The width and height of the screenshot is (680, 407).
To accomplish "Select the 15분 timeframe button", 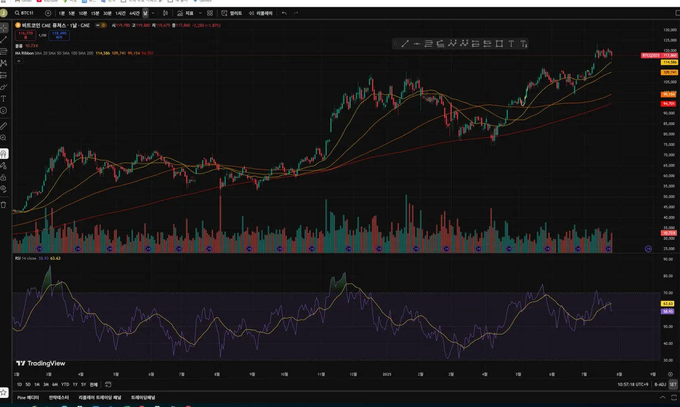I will click(x=95, y=12).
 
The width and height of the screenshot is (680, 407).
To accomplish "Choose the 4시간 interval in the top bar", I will click(x=134, y=12).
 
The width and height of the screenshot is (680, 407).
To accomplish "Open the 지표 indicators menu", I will click(x=185, y=12).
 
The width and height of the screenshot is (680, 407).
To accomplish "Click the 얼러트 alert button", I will click(x=232, y=12).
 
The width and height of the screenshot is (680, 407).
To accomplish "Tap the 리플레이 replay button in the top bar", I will click(x=261, y=12).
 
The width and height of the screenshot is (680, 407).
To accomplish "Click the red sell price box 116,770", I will click(x=25, y=35).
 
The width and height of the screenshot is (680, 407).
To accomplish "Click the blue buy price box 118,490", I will click(x=59, y=35).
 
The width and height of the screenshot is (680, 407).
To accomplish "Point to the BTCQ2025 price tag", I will click(x=651, y=55).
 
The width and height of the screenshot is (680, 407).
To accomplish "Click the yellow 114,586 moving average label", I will click(x=669, y=62).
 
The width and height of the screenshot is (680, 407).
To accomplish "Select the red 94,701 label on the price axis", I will click(x=669, y=104).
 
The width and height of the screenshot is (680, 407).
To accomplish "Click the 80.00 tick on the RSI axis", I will click(x=668, y=275).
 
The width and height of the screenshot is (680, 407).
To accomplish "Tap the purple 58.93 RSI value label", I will click(x=668, y=311).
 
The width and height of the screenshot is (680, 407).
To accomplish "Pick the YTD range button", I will click(x=65, y=384).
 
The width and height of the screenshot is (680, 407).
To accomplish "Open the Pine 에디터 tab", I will click(x=28, y=397).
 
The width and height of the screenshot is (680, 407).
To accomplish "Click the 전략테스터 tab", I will click(x=59, y=397).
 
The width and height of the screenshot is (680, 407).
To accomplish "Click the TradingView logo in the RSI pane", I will click(x=40, y=363).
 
